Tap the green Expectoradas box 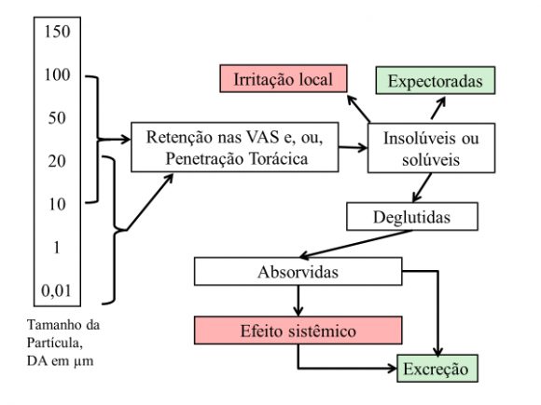[x=435, y=81]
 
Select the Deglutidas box [x=411, y=216]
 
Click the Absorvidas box [x=298, y=273]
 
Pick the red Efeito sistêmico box [x=298, y=330]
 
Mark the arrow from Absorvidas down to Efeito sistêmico [x=298, y=300]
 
